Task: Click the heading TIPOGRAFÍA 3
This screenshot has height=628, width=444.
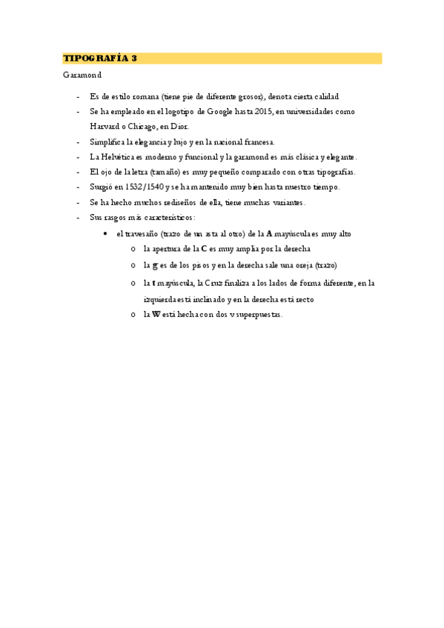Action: coord(100,58)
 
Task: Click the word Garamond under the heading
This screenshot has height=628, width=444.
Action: coord(82,75)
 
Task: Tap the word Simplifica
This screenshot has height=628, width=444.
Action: coord(108,141)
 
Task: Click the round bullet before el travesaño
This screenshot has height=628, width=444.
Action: coord(107,233)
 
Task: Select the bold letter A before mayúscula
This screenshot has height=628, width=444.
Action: coord(268,233)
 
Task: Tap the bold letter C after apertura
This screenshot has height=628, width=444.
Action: coord(204,249)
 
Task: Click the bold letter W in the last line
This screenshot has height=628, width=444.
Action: coord(156,314)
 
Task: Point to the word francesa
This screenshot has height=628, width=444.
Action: coord(256,141)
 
